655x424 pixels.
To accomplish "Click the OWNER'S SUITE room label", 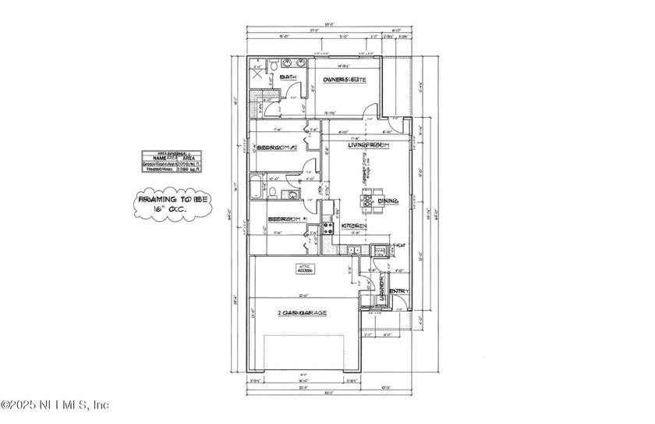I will point(347,80).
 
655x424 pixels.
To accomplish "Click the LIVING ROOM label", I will point(368,145).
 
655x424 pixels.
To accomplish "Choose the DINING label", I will point(388,201).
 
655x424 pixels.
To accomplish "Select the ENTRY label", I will point(398,292).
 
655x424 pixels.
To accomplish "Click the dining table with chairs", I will point(367,201).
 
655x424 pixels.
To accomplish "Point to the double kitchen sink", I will point(352,251).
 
